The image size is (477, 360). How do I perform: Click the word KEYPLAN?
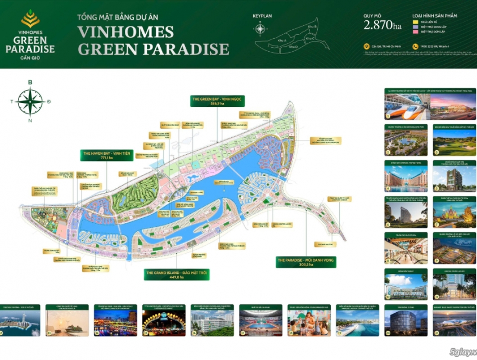262,16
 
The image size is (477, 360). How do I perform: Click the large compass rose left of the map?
30,101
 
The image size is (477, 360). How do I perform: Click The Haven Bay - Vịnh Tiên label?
107,155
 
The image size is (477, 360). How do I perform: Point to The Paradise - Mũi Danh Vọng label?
306,262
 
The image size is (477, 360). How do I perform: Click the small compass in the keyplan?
260,29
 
